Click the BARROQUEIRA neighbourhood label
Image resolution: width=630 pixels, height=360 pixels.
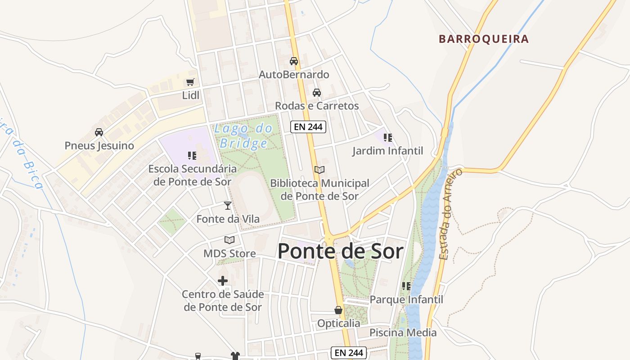484,39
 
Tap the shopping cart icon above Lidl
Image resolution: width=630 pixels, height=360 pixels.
190,82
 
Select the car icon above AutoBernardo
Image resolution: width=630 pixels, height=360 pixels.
294,61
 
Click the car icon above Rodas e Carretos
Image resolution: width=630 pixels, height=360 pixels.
317,93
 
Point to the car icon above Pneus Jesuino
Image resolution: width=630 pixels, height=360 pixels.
99,132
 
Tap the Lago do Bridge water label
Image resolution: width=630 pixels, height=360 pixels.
243,136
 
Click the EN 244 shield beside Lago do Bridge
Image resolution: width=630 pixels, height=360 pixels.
308,127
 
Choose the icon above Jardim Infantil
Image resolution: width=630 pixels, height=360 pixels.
387,138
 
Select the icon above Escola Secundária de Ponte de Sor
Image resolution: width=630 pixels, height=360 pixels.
192,156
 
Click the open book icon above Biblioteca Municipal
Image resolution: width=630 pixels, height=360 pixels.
319,170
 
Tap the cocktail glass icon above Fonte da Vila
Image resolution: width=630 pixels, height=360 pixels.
228,206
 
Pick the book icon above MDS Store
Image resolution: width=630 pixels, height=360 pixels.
229,240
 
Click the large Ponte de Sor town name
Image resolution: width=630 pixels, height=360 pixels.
340,251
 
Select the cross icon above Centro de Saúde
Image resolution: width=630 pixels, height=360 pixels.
223,281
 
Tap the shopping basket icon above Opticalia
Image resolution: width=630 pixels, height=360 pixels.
338,310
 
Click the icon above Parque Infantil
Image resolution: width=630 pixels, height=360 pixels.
406,286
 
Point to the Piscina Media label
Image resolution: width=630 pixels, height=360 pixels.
403,333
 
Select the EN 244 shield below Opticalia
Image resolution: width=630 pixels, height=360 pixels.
349,353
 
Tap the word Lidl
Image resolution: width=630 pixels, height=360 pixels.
190,95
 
